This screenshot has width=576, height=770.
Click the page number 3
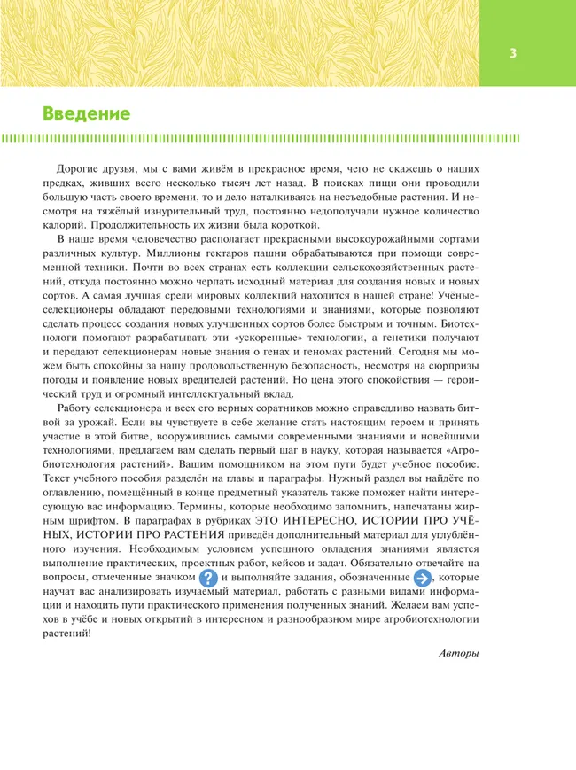(x=513, y=53)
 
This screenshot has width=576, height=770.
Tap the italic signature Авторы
(x=458, y=653)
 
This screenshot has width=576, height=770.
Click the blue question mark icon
(x=208, y=577)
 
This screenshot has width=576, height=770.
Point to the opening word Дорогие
(x=78, y=167)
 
